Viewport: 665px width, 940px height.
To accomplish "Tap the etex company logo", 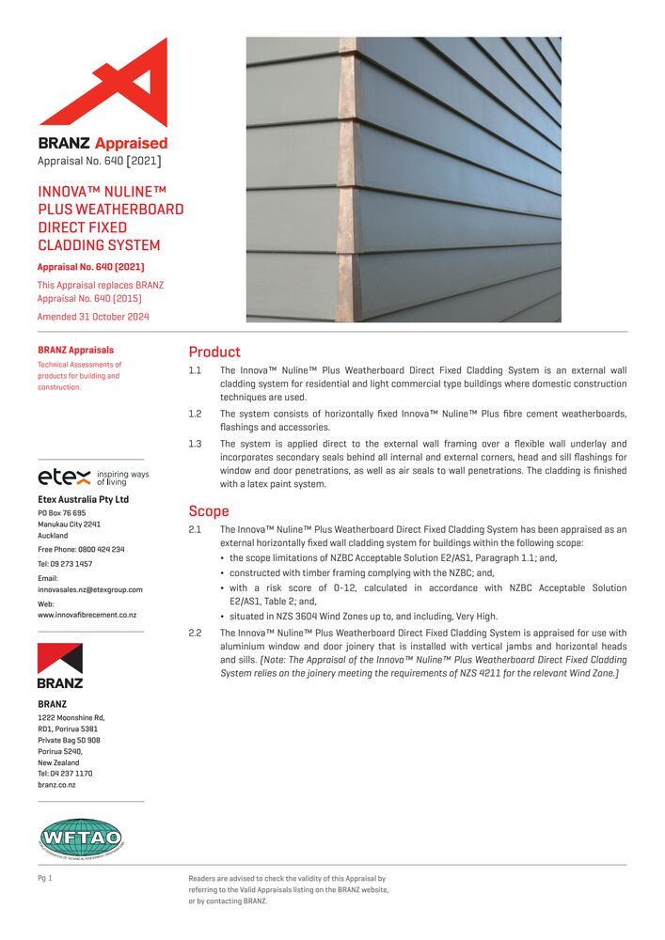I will tap(64, 477).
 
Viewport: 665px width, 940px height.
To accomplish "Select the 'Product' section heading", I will tap(214, 352).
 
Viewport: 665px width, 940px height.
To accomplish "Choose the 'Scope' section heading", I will tap(209, 511).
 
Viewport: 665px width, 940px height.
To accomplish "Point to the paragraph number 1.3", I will tap(196, 444).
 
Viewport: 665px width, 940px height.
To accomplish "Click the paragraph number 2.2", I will tap(196, 634).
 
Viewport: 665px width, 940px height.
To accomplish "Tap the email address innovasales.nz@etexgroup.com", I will tap(90, 589).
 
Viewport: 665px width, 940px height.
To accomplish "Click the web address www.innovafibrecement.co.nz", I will tap(87, 615).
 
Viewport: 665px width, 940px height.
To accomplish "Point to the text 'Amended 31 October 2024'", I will tap(93, 317).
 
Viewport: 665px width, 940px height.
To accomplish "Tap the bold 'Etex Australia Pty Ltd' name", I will tap(83, 499).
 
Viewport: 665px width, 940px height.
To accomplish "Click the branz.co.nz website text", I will tap(58, 784).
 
